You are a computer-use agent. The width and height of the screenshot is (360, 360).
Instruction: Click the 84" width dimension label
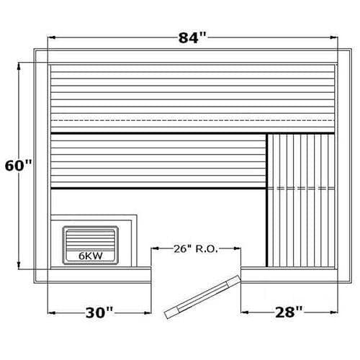click(x=192, y=37)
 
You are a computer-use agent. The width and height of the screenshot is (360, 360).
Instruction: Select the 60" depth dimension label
click(x=19, y=166)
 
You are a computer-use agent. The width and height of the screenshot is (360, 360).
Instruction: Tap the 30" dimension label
click(x=99, y=312)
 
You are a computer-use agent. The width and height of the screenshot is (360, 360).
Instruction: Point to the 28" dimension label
click(x=289, y=312)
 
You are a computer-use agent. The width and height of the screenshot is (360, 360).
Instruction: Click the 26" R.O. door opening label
click(x=196, y=249)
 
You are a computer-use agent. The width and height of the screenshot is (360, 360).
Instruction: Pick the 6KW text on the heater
click(x=91, y=256)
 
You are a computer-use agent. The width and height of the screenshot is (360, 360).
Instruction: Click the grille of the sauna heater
click(x=90, y=240)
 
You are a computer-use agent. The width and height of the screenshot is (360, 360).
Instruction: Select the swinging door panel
click(x=202, y=297)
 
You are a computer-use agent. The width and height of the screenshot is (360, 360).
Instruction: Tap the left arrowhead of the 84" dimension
click(x=52, y=37)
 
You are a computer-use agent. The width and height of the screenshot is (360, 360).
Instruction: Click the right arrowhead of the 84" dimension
click(x=334, y=37)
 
